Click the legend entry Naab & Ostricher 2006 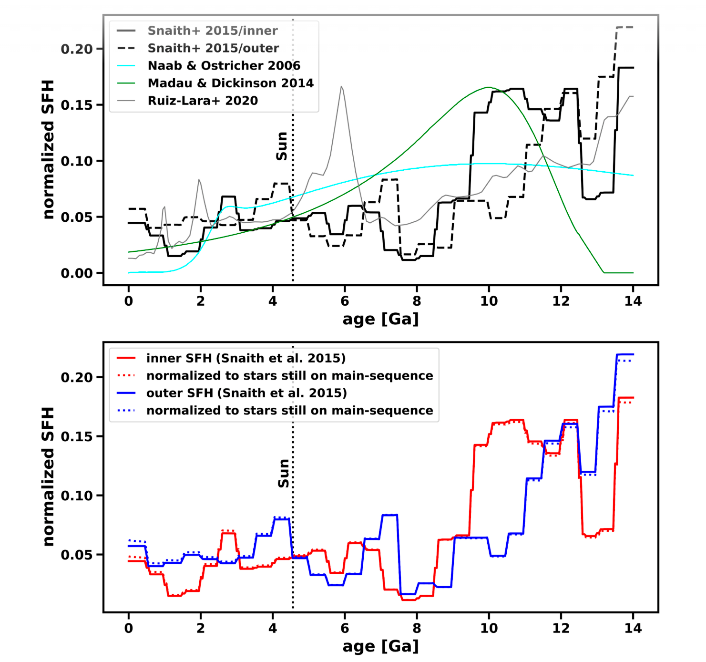click(x=224, y=66)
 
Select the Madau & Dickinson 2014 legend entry click(x=230, y=83)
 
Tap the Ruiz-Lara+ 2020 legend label click(x=203, y=101)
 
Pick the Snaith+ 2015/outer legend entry click(x=213, y=48)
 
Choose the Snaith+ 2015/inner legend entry click(x=212, y=31)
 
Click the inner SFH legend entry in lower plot click(x=246, y=358)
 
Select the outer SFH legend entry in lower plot click(x=246, y=393)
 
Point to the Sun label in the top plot click(x=282, y=146)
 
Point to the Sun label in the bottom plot click(x=284, y=474)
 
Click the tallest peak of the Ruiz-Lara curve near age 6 click(x=342, y=87)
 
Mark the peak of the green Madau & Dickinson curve click(x=489, y=87)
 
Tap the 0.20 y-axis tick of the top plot click(x=76, y=49)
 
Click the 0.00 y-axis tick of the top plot click(x=76, y=273)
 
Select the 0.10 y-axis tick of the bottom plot click(x=76, y=496)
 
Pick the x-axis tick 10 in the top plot click(x=489, y=301)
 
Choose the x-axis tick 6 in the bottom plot click(x=345, y=629)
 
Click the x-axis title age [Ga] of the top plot click(x=380, y=319)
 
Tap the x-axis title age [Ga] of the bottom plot click(x=380, y=646)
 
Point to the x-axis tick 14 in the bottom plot click(x=633, y=629)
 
